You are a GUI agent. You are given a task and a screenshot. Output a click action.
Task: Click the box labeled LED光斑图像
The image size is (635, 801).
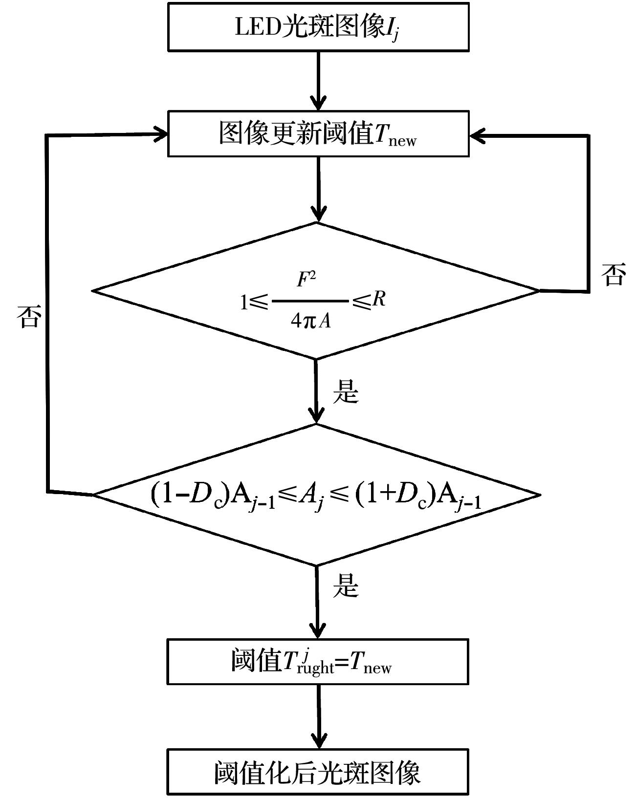318,27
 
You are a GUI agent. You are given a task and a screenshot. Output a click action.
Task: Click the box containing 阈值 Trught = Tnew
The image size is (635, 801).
318,661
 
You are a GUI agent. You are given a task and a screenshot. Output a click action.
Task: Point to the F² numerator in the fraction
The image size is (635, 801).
307,280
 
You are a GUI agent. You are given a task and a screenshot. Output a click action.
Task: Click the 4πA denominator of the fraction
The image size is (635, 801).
310,321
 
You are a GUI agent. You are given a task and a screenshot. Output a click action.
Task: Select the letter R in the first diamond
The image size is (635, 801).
378,299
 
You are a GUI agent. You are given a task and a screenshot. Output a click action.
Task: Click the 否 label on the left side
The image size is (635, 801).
27,317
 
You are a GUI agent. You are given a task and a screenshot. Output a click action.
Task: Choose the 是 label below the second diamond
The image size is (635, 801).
346,585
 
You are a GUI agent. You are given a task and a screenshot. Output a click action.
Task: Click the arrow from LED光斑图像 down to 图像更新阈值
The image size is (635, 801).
319,81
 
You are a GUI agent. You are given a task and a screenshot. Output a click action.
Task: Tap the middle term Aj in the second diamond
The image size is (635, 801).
312,499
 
